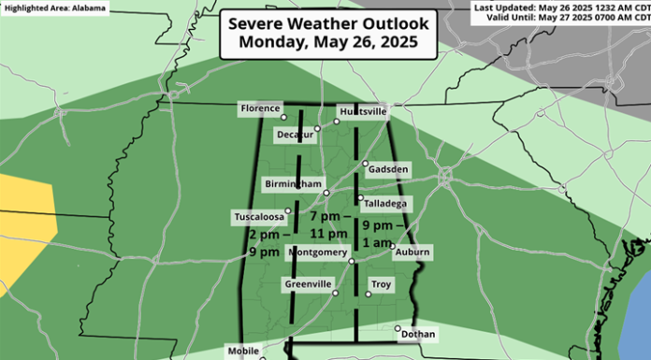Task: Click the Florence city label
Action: [x=261, y=108]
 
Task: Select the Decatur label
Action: [x=293, y=135]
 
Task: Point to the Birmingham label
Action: [x=293, y=183]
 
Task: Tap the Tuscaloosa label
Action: [x=259, y=217]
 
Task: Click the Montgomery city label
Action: [x=320, y=252]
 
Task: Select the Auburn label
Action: [x=412, y=252]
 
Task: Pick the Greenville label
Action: [x=307, y=282]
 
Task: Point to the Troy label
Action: [x=382, y=284]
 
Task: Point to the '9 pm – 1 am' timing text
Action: [x=385, y=235]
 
